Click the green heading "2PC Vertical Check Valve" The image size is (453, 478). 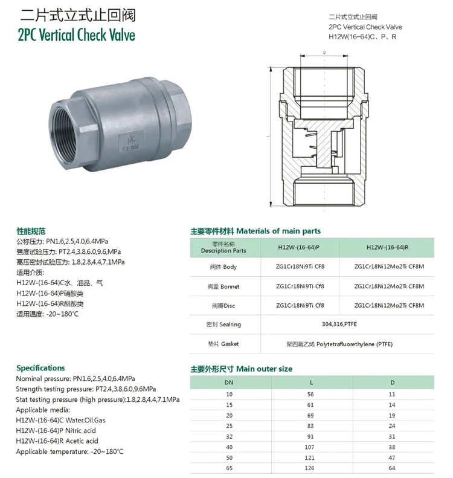click(77, 35)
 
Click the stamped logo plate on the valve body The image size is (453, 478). click(131, 143)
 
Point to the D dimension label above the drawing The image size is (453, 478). click(324, 53)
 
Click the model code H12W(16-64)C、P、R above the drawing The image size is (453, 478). click(362, 37)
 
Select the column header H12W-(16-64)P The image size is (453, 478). click(298, 247)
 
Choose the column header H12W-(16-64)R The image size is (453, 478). click(388, 247)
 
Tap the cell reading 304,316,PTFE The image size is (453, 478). click(339, 324)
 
